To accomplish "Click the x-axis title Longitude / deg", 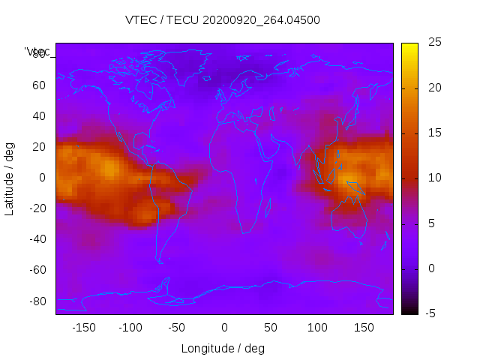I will tap(223, 348).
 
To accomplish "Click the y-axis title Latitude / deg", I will tap(10, 178).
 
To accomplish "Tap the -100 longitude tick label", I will tap(130, 327).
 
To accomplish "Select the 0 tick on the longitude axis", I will tap(223, 327).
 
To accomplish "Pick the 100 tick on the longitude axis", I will tap(317, 327).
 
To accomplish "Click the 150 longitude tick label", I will tap(364, 327).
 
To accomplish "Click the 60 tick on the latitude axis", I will tap(39, 85).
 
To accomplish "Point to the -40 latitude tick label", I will tap(36, 239).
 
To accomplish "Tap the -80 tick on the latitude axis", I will tap(36, 301).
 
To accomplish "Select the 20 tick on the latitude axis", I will tap(39, 147).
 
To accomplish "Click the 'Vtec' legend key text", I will tap(37, 52).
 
